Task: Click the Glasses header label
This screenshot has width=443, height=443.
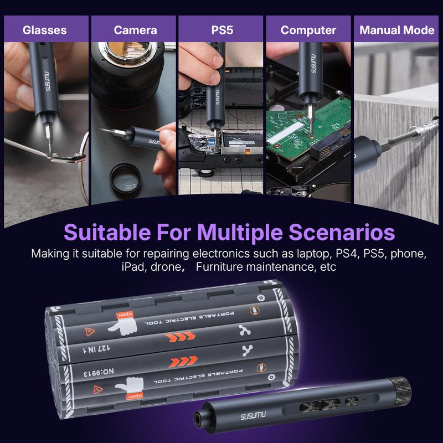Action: pyautogui.click(x=44, y=30)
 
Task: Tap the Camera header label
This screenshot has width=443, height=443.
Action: pyautogui.click(x=135, y=30)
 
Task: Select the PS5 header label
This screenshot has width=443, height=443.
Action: pyautogui.click(x=222, y=30)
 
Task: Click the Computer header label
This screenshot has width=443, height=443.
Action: pyautogui.click(x=308, y=30)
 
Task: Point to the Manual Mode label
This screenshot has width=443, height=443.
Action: pyautogui.click(x=397, y=30)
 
